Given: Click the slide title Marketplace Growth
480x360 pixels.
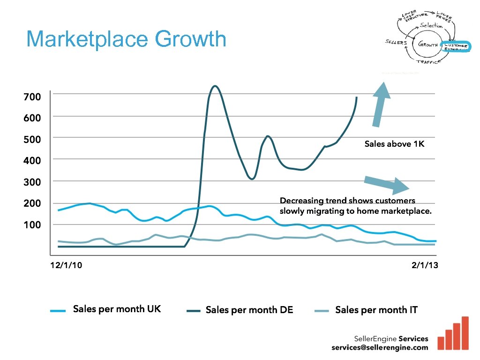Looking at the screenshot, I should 126,39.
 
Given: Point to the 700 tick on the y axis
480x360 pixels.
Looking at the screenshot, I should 32,97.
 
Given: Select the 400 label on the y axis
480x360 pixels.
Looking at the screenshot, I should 32,160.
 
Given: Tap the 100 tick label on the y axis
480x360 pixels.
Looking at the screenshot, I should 32,225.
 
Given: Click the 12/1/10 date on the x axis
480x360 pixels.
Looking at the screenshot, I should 66,265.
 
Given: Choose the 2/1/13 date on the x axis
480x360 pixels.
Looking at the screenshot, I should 425,265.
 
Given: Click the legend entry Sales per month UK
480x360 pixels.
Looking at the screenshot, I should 116,309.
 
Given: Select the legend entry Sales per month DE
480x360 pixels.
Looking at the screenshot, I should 249,310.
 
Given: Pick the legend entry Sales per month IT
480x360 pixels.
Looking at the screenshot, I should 376,310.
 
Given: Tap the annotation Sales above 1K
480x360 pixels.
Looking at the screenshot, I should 394,144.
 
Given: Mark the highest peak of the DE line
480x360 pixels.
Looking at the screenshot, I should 214,86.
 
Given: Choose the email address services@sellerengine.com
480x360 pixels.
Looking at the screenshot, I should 380,347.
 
